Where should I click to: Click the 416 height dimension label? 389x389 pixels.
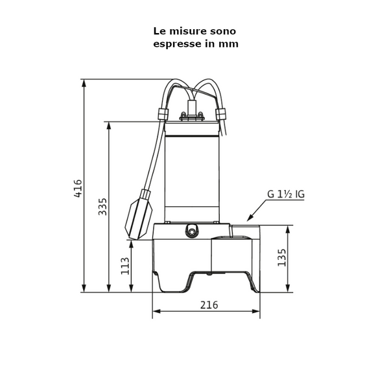pos(78,188)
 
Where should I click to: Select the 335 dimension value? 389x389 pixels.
pos(102,206)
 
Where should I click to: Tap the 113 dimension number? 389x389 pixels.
pos(125,266)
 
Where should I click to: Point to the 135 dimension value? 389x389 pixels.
pos(281,257)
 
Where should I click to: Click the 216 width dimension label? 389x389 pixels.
pos(208,305)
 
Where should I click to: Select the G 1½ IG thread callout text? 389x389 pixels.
pos(285,194)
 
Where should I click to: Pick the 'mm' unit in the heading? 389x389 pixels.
pos(230,43)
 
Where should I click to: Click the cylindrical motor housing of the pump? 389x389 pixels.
pos(192,172)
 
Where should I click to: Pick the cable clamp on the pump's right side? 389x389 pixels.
pos(222,115)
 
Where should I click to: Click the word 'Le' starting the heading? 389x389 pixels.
pos(159,30)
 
